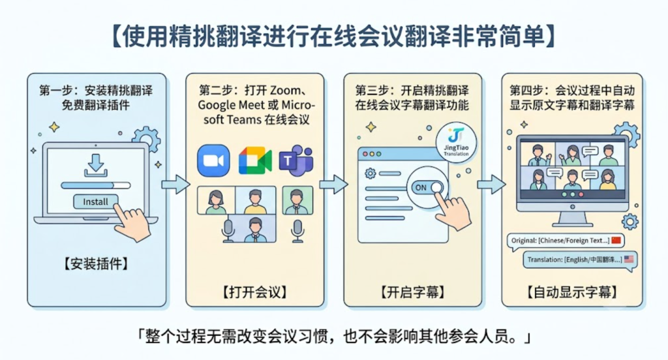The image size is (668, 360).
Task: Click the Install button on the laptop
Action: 95,202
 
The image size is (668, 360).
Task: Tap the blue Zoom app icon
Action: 213,160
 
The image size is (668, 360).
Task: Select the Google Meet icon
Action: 255,160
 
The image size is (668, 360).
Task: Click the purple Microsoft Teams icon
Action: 296,160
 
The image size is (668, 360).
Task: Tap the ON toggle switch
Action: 427,187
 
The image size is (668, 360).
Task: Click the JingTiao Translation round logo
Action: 456,143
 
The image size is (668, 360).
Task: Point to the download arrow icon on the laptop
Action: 95,165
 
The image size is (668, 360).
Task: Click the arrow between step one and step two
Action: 175,185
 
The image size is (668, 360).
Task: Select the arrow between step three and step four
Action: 491,185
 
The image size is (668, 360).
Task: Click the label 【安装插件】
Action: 96,263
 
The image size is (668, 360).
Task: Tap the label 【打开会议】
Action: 254,292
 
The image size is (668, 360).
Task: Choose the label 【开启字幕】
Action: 412,292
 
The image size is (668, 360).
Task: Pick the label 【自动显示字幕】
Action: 571,292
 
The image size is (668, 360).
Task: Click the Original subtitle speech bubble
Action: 566,241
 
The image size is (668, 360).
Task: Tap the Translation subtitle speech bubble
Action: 580,260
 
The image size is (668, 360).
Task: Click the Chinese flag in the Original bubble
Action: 616,240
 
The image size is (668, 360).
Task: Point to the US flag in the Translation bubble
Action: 629,259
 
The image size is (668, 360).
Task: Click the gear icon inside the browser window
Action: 371,173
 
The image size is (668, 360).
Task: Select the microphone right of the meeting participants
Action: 297,230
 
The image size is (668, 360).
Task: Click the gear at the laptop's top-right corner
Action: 146,139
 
